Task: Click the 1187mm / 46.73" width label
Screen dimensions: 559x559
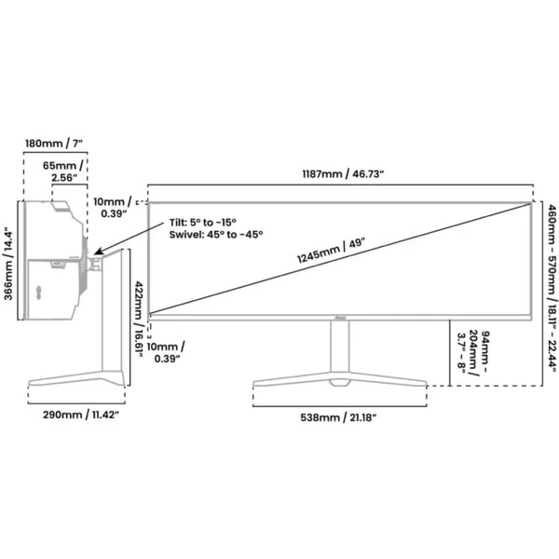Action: pyautogui.click(x=343, y=174)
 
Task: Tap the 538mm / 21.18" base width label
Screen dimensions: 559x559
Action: pyautogui.click(x=338, y=417)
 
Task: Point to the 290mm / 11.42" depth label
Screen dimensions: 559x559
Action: pyautogui.click(x=81, y=415)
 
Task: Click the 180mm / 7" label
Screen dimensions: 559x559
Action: pyautogui.click(x=54, y=143)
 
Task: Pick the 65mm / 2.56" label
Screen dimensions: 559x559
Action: pyautogui.click(x=64, y=171)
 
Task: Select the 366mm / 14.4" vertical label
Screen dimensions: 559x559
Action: pyautogui.click(x=8, y=261)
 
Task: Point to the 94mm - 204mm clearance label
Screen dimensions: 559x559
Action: pyautogui.click(x=473, y=352)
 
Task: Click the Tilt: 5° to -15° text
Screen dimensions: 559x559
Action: pyautogui.click(x=203, y=223)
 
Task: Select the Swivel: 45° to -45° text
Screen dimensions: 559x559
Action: pyautogui.click(x=216, y=235)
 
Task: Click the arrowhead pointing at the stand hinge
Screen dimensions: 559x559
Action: pyautogui.click(x=98, y=251)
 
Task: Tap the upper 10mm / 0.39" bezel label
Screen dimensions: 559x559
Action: pyautogui.click(x=114, y=208)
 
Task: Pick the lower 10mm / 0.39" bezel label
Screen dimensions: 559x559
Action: pyautogui.click(x=166, y=352)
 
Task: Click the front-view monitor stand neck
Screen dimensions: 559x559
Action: pyautogui.click(x=340, y=346)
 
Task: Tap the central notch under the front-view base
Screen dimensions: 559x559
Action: pyautogui.click(x=340, y=383)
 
